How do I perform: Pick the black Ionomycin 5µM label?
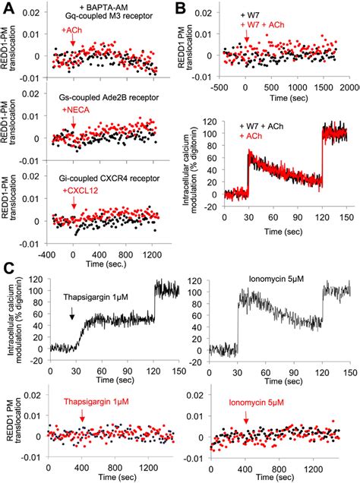pyautogui.click(x=274, y=279)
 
